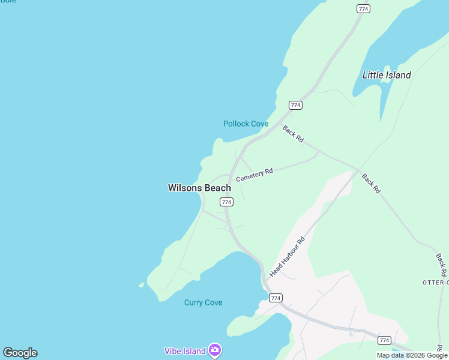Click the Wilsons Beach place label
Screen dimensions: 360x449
pos(199,188)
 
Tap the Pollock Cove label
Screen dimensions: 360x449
pos(246,124)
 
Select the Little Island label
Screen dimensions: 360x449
pos(387,75)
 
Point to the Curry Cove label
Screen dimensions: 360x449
pos(203,302)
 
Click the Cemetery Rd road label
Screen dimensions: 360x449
pos(255,175)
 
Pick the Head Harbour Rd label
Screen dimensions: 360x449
pos(288,257)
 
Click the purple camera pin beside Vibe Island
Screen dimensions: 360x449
pos(215,350)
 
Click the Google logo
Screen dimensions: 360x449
pos(20,353)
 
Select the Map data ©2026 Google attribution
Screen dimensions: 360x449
pos(412,355)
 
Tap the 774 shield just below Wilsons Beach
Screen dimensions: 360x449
pos(226,202)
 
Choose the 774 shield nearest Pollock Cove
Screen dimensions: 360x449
pos(295,105)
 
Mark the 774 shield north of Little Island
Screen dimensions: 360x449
pos(363,9)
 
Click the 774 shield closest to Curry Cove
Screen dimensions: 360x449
pos(276,298)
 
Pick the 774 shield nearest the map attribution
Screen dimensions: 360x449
pos(384,340)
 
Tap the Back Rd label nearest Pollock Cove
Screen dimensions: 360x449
pos(293,133)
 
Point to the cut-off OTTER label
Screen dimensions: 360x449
pos(435,282)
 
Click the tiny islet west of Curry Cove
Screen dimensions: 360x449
pos(142,285)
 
